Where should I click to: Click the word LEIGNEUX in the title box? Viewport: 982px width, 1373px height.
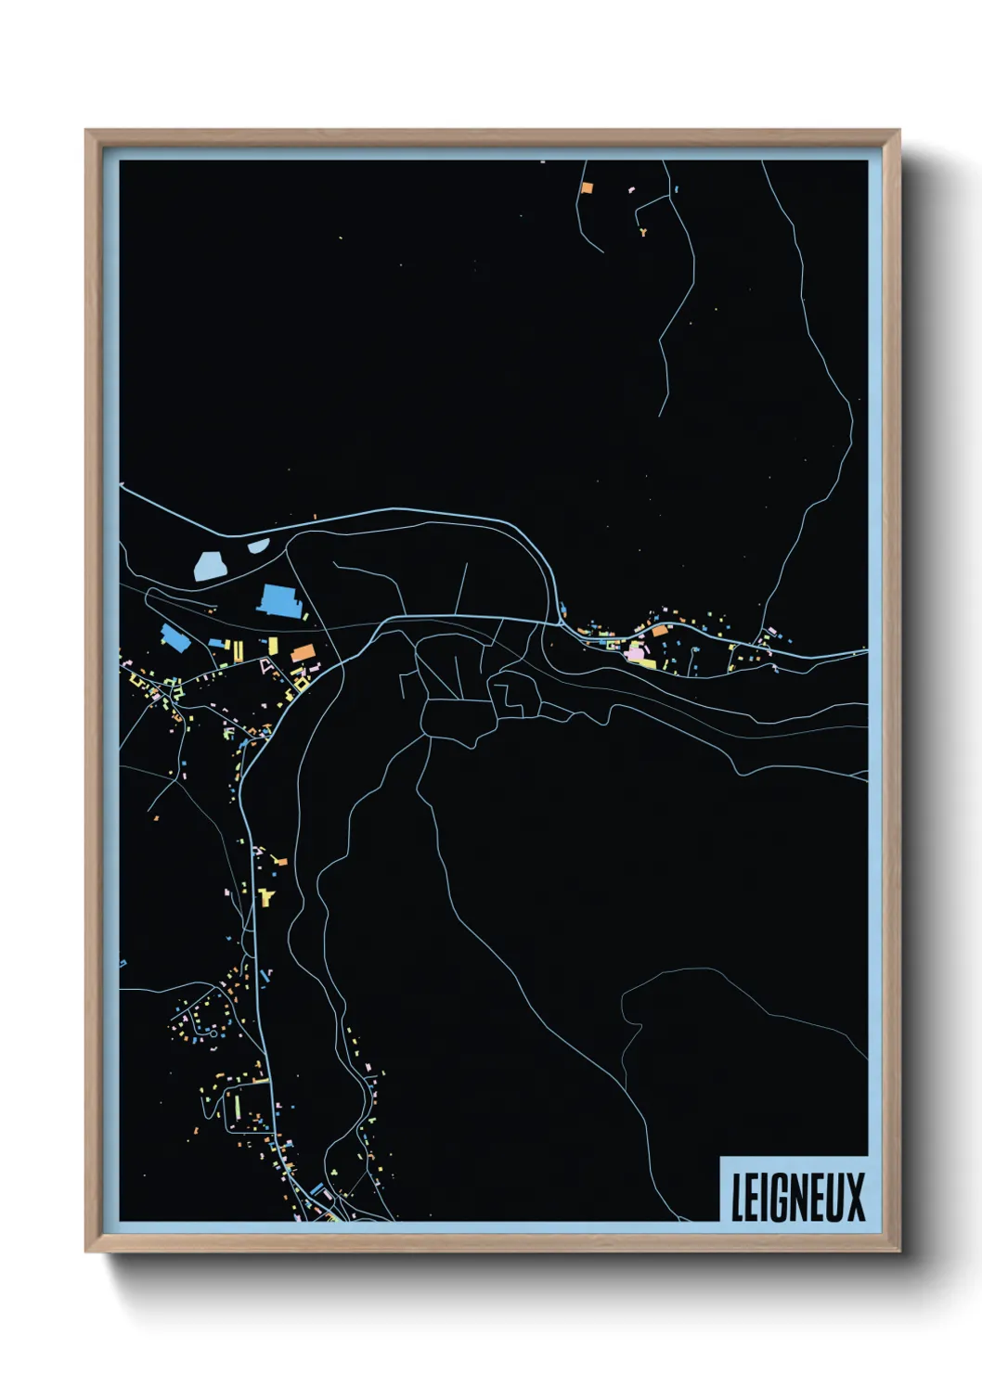click(797, 1198)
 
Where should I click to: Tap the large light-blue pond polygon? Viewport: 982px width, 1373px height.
click(211, 564)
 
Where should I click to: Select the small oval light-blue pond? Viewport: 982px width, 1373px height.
click(258, 545)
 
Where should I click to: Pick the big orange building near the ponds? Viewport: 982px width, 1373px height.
click(303, 653)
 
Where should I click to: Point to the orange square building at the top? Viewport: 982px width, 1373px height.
click(586, 186)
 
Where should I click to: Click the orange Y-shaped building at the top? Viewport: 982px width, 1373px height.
click(642, 232)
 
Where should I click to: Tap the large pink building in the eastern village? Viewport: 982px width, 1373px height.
click(635, 654)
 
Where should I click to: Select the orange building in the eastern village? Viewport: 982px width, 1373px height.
click(659, 631)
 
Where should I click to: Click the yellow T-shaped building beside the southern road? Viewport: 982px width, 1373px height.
click(267, 896)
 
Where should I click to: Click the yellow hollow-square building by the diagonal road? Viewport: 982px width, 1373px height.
click(304, 683)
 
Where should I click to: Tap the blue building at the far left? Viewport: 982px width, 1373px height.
click(172, 636)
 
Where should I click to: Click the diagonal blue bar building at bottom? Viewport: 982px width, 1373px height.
click(317, 1188)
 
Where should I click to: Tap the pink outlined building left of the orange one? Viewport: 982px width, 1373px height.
click(268, 664)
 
